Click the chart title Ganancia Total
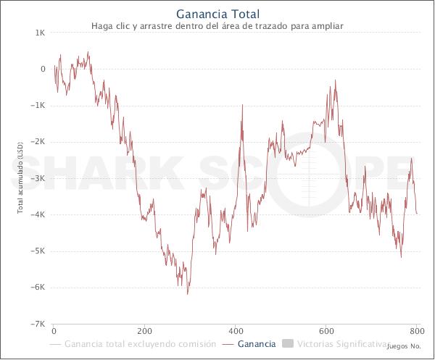pos(217,13)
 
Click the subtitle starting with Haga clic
pos(217,26)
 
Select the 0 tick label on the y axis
pos(43,70)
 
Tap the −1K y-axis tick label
pos(38,106)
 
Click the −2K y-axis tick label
pos(38,142)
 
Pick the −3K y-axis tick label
pos(38,178)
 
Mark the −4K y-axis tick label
pos(38,214)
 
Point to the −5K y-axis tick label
pos(38,251)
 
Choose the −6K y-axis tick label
pos(38,287)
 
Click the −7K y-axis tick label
pos(38,323)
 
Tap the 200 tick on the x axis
pos(145,331)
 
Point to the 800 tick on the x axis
pos(415,331)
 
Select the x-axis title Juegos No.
pos(404,347)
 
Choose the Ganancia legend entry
pos(256,343)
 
